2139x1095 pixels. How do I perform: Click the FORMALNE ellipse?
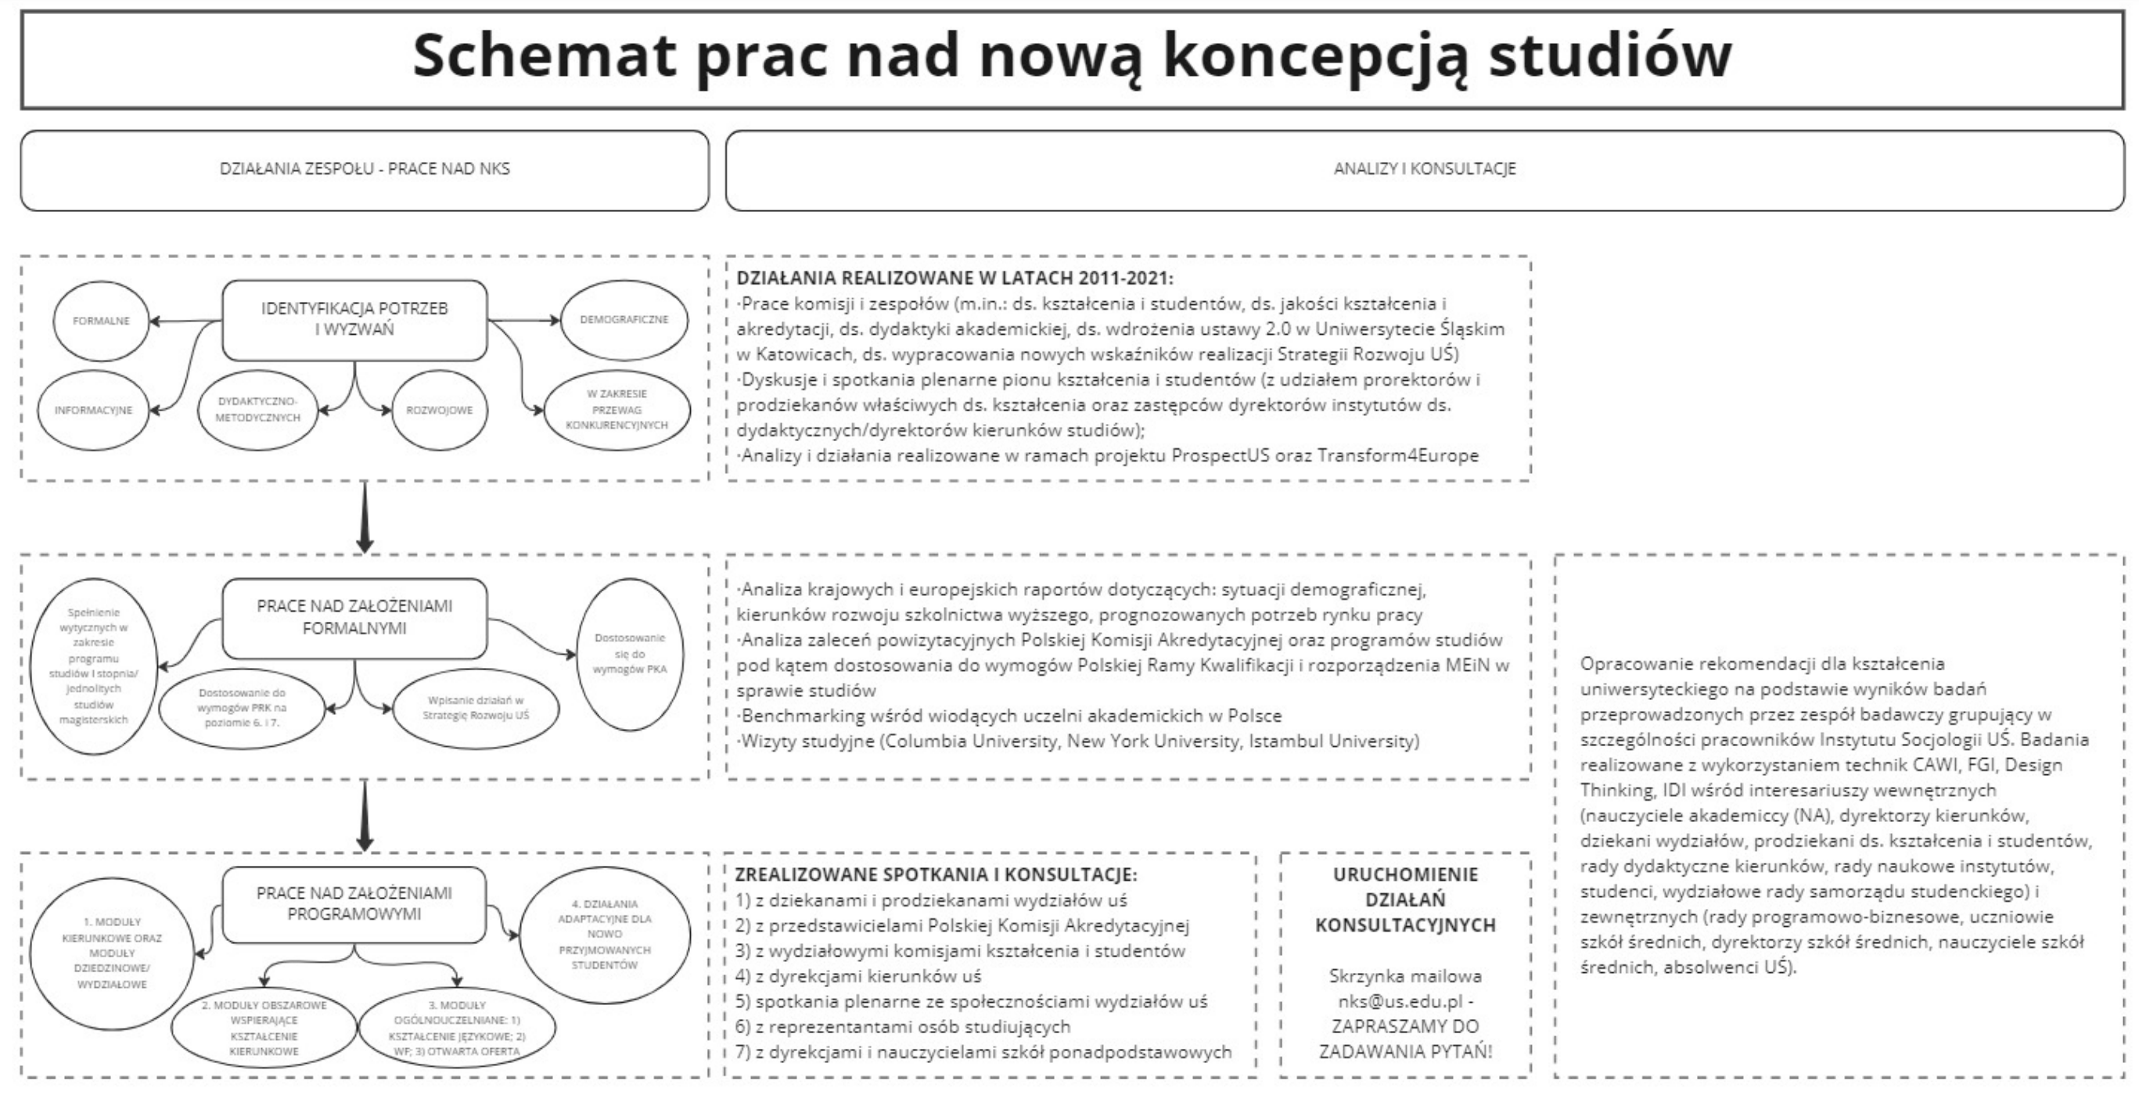tap(101, 321)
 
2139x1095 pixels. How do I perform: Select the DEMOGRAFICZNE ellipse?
tap(624, 320)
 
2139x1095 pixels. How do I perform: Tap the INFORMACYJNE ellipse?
tap(93, 410)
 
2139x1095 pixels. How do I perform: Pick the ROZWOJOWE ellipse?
tap(438, 410)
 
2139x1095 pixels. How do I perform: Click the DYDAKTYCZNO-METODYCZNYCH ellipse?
tap(257, 409)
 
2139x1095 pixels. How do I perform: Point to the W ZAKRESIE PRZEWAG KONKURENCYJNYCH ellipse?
tap(617, 409)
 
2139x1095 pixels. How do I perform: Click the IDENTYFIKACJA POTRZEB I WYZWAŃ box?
tap(354, 320)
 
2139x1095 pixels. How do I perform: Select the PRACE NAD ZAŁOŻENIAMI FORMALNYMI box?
tap(354, 618)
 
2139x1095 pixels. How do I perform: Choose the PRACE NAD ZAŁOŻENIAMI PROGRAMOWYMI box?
tap(354, 904)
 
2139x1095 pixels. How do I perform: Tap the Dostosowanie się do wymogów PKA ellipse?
tap(629, 653)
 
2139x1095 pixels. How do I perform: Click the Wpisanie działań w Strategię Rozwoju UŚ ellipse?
tap(475, 707)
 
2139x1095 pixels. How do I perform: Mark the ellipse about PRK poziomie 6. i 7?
tap(242, 707)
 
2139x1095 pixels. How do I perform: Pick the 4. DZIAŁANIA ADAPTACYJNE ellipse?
tap(605, 934)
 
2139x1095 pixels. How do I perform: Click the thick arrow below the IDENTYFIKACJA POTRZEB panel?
tap(364, 516)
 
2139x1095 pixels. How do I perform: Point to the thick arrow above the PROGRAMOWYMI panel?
tap(364, 815)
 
